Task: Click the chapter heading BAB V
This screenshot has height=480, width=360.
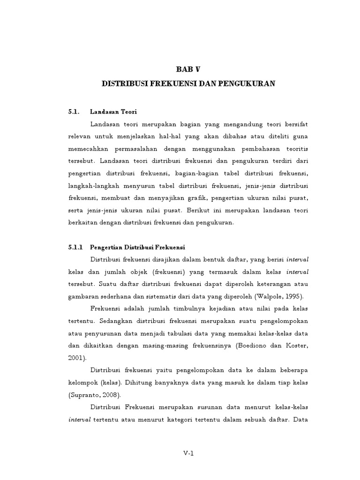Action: coord(188,69)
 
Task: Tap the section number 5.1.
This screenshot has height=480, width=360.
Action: coord(73,112)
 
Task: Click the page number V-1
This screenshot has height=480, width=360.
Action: coord(188,453)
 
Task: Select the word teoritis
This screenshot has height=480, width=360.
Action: coord(295,148)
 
